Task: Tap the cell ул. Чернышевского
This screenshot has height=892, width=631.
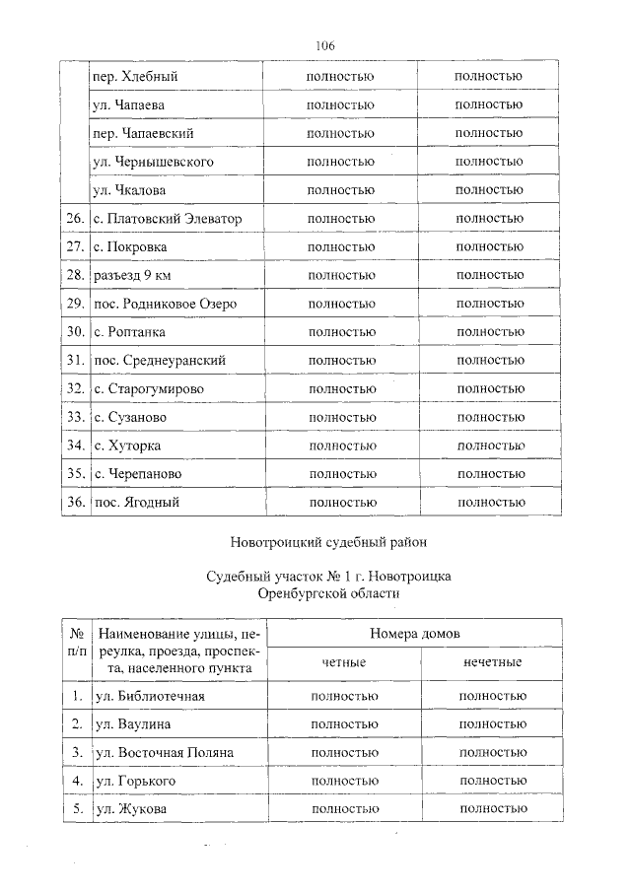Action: point(153,162)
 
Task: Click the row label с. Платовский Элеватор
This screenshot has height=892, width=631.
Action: point(166,218)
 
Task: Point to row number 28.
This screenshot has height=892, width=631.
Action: point(73,275)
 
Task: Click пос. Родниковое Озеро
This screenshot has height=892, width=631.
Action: point(164,304)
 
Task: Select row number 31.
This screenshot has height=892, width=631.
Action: point(73,361)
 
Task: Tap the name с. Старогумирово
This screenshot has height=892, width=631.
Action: point(149,389)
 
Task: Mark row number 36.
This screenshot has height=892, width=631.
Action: point(73,503)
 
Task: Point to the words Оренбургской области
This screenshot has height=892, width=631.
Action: point(327,593)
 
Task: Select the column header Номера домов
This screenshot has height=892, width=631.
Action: point(415,634)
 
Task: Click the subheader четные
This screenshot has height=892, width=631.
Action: point(344,662)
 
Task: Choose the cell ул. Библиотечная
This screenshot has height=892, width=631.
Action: point(148,696)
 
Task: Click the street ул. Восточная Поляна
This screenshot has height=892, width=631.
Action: point(163,752)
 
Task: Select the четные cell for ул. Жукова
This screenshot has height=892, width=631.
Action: point(344,809)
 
